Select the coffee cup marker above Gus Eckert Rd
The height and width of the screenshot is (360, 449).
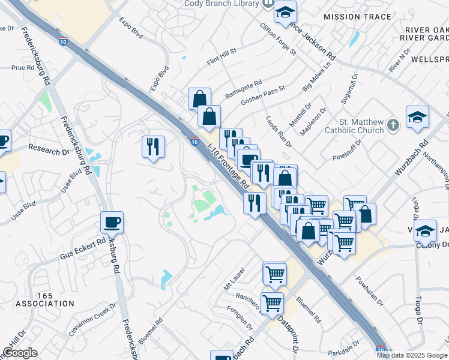pos(112,223)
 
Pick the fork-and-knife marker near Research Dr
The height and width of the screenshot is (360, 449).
pos(153,146)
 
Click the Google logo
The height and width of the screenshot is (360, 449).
pos(20,353)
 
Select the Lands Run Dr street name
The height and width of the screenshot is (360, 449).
pos(279,132)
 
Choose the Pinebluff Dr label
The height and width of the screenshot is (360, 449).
pos(347,150)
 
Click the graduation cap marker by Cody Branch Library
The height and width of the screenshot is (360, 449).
pos(285,11)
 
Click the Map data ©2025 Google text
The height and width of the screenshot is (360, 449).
pos(412,355)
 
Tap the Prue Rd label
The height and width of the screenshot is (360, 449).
pos(23,68)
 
